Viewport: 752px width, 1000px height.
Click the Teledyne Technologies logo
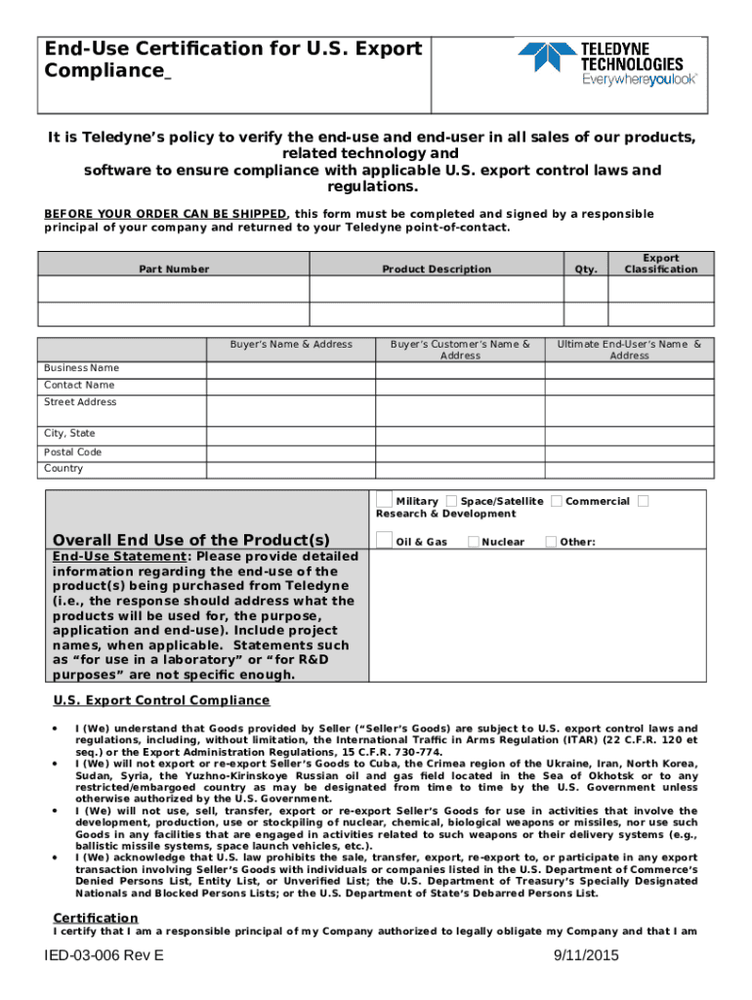tap(606, 64)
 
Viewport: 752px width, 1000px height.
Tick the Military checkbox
tap(385, 501)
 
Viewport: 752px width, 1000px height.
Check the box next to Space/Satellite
tap(451, 501)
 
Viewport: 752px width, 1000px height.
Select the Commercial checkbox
tap(556, 501)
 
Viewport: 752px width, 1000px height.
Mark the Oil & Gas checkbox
tap(385, 541)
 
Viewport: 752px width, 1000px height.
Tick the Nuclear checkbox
tap(473, 541)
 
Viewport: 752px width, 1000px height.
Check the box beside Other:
tap(551, 541)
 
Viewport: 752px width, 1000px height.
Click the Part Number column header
tap(173, 270)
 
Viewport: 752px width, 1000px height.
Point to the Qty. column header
tap(586, 270)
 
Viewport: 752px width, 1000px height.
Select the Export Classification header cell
tap(661, 264)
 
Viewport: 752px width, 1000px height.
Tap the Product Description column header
tap(437, 270)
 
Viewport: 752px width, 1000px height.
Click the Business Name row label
tap(81, 368)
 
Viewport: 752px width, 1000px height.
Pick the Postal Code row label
tap(72, 452)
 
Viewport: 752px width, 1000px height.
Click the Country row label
tap(63, 469)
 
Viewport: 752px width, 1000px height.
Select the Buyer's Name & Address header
tap(291, 345)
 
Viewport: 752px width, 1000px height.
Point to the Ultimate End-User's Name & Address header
tap(629, 350)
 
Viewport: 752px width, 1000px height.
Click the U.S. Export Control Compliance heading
tap(161, 700)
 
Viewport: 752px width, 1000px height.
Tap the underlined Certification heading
tap(95, 918)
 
